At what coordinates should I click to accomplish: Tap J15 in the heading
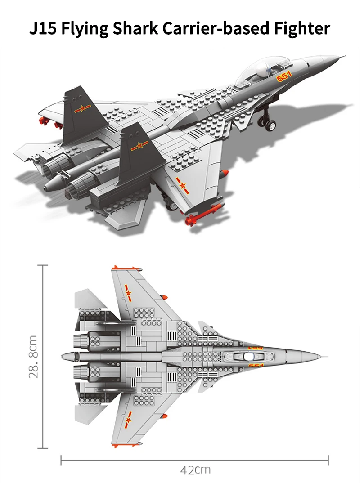(43, 28)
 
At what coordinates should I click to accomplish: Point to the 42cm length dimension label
(195, 470)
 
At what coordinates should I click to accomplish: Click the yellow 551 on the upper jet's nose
(284, 76)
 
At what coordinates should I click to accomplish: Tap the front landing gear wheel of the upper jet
(270, 125)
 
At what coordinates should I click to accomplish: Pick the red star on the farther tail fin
(82, 108)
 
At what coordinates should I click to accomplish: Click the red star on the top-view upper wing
(128, 293)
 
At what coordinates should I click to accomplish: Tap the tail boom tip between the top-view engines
(63, 357)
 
